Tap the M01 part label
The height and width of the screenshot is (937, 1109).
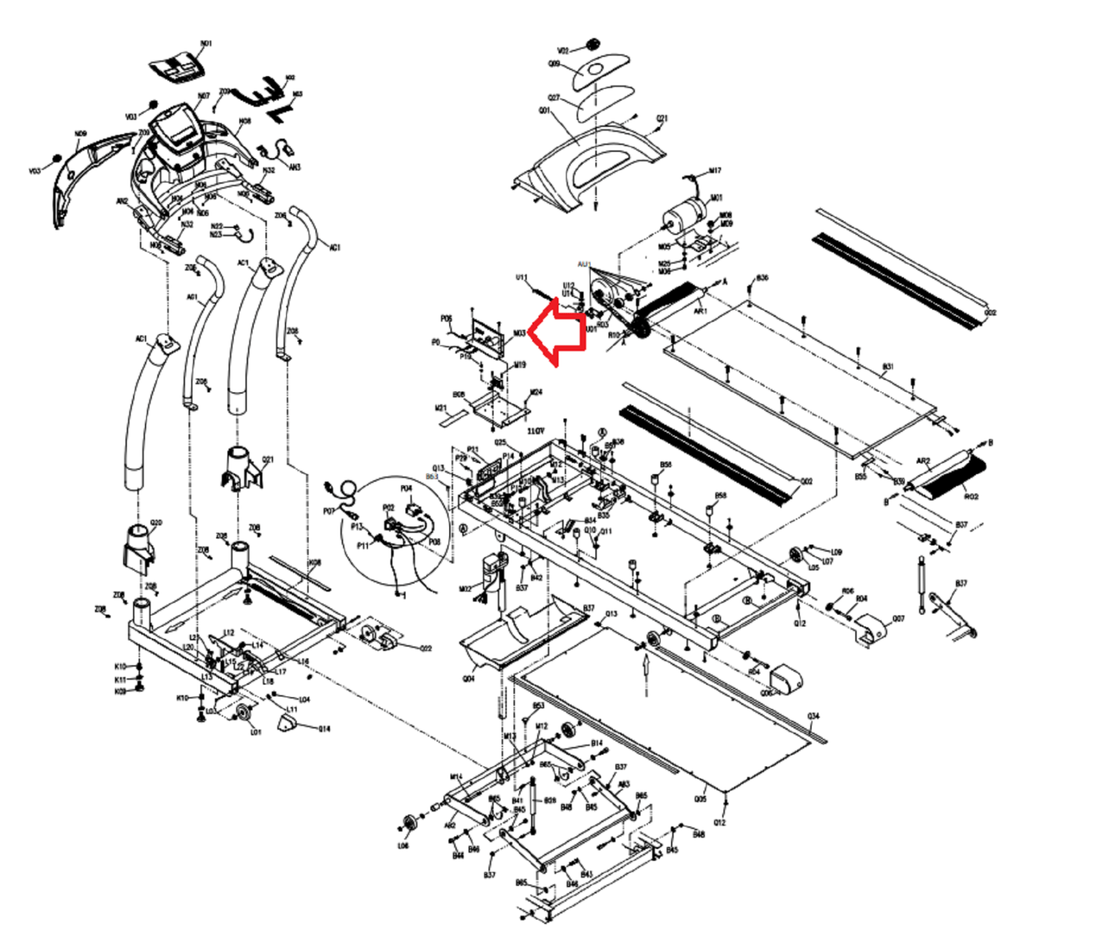716,198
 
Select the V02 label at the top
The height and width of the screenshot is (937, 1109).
563,51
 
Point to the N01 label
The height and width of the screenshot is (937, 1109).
206,44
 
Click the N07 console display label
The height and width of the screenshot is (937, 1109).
204,96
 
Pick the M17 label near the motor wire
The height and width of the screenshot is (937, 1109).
715,170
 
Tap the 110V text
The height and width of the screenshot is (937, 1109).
536,431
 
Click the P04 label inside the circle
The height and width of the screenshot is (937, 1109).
406,489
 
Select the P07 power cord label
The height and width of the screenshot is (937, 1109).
329,511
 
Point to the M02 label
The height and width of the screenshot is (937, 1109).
465,589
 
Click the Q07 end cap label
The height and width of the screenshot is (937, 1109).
898,618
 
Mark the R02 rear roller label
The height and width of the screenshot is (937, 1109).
971,496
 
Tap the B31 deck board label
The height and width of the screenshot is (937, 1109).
888,367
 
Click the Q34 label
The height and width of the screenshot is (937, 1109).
813,716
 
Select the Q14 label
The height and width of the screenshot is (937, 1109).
324,728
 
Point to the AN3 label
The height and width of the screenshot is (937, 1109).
295,167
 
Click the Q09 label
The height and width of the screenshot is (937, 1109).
554,64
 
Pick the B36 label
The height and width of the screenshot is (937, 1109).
762,278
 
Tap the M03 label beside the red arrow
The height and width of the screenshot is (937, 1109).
519,333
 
